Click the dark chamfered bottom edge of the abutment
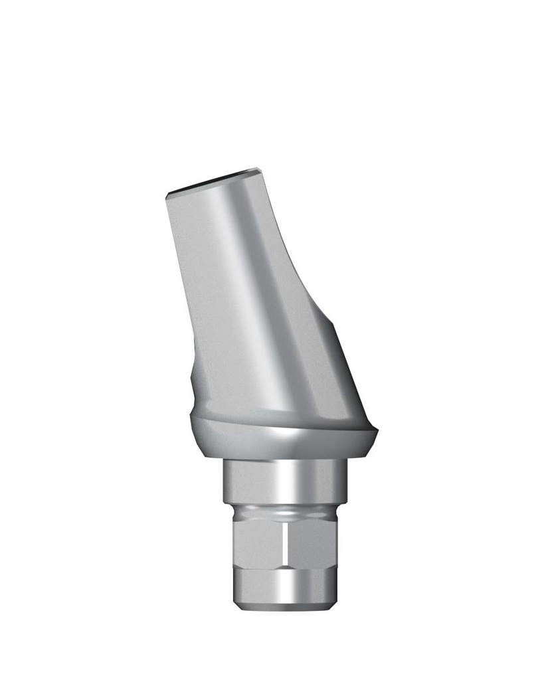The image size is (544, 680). (282, 606)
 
